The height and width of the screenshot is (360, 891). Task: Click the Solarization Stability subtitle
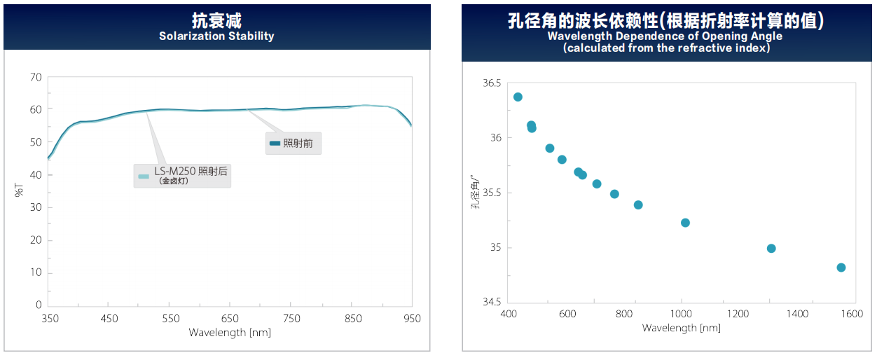click(x=216, y=36)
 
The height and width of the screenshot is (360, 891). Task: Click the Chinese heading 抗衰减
click(x=216, y=20)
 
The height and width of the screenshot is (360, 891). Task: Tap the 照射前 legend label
click(x=298, y=143)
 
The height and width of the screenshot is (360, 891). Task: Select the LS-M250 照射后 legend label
click(x=191, y=172)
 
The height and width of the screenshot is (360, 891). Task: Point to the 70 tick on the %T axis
click(x=36, y=77)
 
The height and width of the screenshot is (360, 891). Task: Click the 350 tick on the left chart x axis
click(x=50, y=319)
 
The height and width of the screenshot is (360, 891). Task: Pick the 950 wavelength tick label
click(x=412, y=319)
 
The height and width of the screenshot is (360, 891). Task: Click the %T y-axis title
click(x=19, y=190)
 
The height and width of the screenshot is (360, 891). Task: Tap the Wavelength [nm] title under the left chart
click(x=230, y=333)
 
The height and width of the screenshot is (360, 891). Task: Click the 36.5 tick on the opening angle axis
click(x=492, y=83)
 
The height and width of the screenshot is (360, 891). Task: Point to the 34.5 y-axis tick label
click(x=492, y=302)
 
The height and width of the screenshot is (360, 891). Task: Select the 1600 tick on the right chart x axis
click(x=852, y=314)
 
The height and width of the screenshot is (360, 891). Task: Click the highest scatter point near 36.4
click(x=518, y=97)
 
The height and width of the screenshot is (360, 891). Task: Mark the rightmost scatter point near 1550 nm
click(x=841, y=268)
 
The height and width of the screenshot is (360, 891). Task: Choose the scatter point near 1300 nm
click(x=771, y=249)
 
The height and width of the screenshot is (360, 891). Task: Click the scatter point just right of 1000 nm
click(x=685, y=223)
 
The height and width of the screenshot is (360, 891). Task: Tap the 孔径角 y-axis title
click(x=475, y=192)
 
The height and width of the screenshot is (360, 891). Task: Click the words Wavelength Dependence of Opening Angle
click(x=665, y=36)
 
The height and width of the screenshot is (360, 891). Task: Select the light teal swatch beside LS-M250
click(x=144, y=176)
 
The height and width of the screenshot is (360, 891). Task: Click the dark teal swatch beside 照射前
click(x=275, y=143)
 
